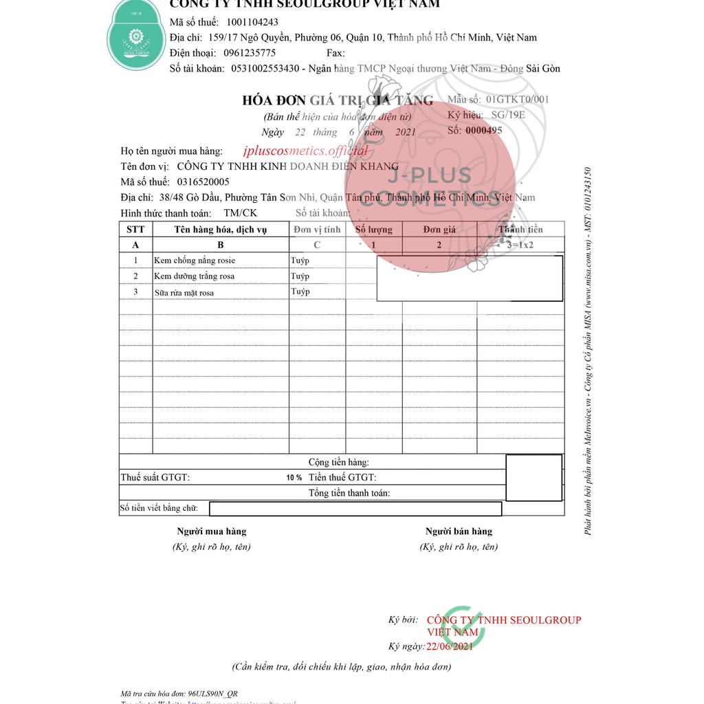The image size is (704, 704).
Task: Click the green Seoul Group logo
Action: [135, 38]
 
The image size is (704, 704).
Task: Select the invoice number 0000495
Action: [484, 130]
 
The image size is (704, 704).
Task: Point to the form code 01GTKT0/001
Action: [517, 99]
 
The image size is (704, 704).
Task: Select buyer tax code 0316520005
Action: [203, 181]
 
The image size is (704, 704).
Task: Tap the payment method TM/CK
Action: [241, 213]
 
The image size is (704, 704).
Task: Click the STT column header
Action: [135, 230]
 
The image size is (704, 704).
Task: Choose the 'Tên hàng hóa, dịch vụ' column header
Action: [220, 230]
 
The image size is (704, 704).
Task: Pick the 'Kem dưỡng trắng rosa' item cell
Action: [194, 276]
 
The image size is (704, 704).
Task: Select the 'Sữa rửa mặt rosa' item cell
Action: [184, 293]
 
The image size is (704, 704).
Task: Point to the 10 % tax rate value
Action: [294, 478]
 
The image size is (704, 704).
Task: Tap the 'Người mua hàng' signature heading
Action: [211, 531]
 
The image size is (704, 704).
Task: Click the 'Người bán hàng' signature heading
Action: [459, 531]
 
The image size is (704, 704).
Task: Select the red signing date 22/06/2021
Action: [450, 646]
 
